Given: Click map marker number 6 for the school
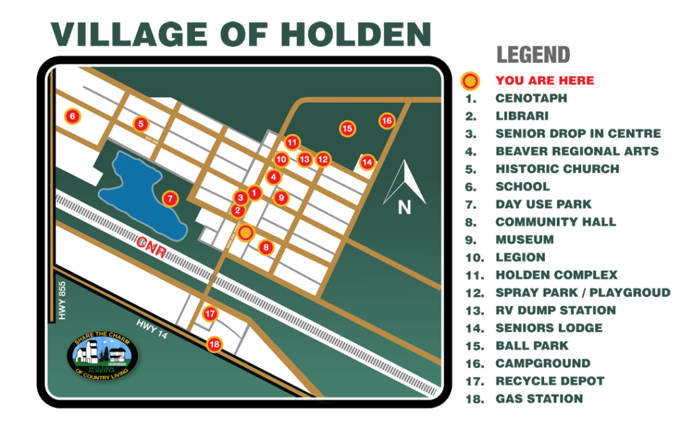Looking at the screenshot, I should pyautogui.click(x=72, y=116).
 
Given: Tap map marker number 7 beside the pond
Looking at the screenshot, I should pyautogui.click(x=170, y=199).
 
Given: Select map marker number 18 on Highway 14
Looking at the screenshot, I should pyautogui.click(x=215, y=344).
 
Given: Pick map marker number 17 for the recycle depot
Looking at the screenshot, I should pyautogui.click(x=210, y=314).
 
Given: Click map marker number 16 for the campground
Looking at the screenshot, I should pyautogui.click(x=386, y=121).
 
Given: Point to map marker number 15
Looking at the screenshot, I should pyautogui.click(x=347, y=128).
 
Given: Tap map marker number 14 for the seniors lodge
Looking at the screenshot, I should pyautogui.click(x=367, y=162).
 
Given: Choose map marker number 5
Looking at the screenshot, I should pyautogui.click(x=141, y=124).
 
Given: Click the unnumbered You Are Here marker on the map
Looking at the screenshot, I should pyautogui.click(x=246, y=232).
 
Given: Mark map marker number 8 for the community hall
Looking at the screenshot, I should pyautogui.click(x=266, y=248).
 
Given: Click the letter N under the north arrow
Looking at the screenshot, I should pyautogui.click(x=404, y=208).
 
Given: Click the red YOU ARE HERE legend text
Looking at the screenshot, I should pyautogui.click(x=544, y=81).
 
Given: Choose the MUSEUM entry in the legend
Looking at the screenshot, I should pyautogui.click(x=524, y=240).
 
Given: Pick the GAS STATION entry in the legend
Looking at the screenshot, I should pyautogui.click(x=539, y=399).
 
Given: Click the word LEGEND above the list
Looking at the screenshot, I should pyautogui.click(x=533, y=54).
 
